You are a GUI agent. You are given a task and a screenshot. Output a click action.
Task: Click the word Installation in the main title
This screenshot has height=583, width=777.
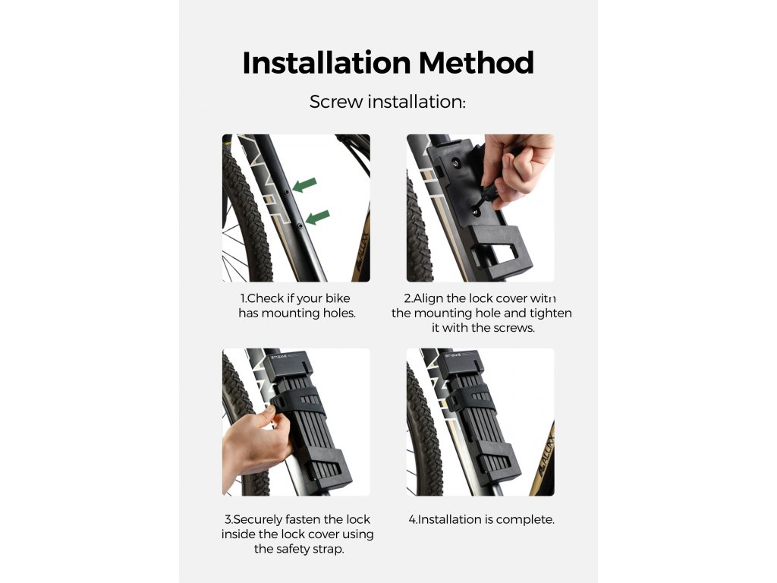(x=326, y=63)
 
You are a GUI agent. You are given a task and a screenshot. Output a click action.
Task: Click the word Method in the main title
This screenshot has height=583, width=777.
(x=477, y=63)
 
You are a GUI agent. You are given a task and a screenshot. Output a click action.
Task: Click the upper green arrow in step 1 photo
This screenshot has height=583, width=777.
(x=304, y=185)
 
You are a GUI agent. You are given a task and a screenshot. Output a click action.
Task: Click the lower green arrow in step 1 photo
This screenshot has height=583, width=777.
(x=318, y=217)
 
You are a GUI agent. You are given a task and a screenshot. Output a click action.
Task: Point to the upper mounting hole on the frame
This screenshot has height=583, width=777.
(x=286, y=192)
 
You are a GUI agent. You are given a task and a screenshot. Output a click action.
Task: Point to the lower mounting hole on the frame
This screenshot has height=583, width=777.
(x=300, y=226)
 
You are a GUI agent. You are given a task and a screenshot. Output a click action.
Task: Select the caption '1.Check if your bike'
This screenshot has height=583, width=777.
(x=295, y=298)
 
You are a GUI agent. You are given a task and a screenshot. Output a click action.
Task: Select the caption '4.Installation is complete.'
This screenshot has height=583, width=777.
(x=481, y=519)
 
